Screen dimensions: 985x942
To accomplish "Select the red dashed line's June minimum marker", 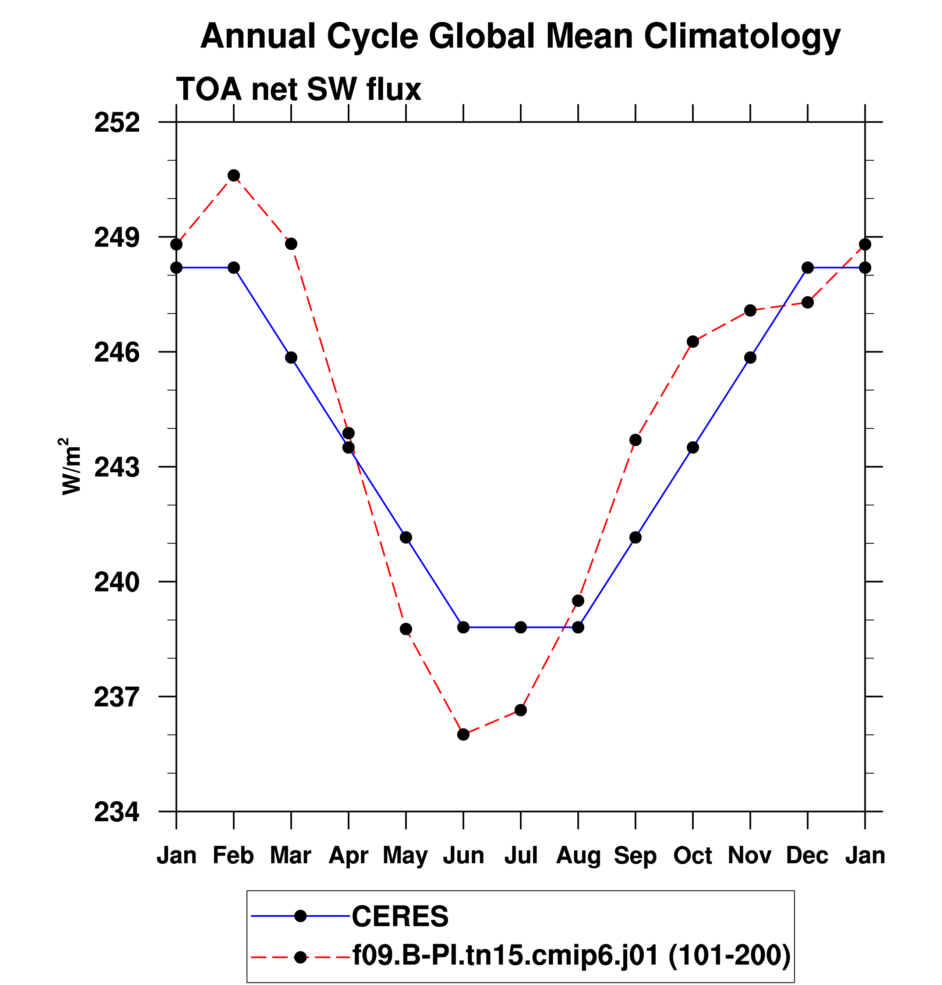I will click(464, 735).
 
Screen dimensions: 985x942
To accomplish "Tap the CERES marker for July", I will click(521, 627).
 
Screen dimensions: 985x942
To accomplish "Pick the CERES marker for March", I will click(291, 358).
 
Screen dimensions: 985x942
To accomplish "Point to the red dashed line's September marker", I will click(636, 440).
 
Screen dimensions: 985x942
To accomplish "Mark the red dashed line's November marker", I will click(750, 311).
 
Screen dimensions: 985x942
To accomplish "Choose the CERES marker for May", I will click(406, 538).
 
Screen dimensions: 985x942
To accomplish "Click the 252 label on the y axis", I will click(117, 123).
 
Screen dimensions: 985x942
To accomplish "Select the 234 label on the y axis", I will click(117, 812).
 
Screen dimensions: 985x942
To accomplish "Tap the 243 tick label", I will click(117, 468).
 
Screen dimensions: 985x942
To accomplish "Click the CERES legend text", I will click(400, 917).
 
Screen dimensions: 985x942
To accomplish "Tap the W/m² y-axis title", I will click(71, 466).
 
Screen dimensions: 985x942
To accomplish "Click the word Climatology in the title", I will click(742, 37).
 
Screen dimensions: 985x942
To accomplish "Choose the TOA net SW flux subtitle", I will click(299, 89).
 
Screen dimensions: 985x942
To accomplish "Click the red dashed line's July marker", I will click(521, 710).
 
